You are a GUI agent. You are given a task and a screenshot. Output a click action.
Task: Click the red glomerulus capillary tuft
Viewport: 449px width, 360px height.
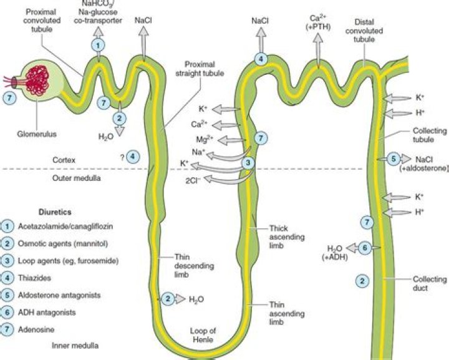point(38,82)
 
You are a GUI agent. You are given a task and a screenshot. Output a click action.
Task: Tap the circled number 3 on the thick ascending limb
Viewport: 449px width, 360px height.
point(248,162)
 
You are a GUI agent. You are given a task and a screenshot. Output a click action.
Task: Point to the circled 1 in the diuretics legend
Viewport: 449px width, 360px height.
point(7,225)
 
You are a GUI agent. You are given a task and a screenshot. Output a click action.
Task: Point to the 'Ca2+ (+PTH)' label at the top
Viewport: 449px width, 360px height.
point(319,24)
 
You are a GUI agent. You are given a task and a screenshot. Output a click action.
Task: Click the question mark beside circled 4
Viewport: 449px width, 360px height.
point(124,156)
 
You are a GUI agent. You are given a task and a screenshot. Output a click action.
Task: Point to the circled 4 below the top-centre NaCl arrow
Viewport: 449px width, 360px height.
point(261,59)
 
